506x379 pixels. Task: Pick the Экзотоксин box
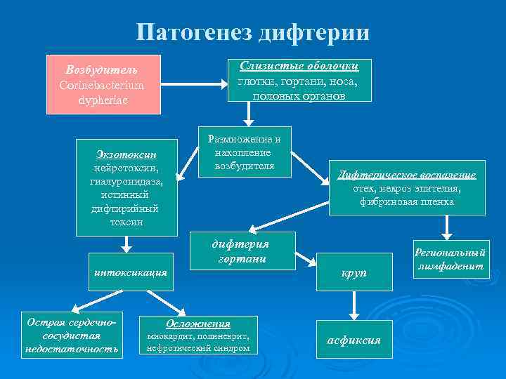coord(126,187)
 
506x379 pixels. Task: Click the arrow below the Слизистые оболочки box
coord(247,114)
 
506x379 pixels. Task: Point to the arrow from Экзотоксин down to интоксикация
coord(126,244)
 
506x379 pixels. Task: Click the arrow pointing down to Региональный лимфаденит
coord(447,228)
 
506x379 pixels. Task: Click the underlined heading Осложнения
coord(197,324)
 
